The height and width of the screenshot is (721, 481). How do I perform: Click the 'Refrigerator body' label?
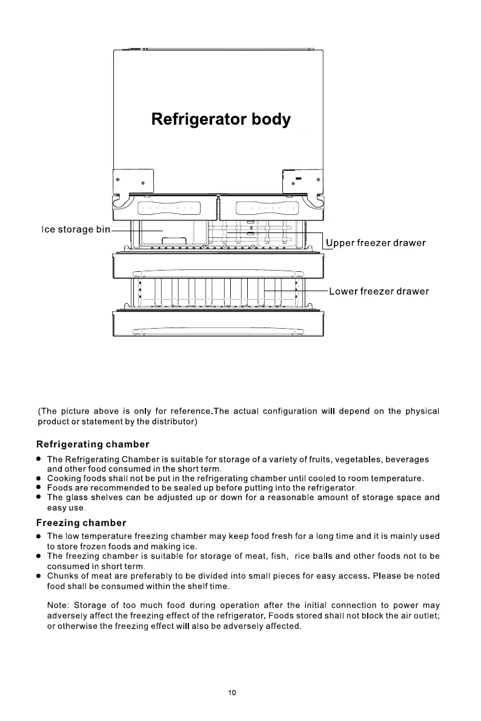(221, 119)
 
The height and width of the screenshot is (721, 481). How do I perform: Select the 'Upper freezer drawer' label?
(376, 243)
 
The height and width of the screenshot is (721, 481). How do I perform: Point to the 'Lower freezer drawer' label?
(379, 291)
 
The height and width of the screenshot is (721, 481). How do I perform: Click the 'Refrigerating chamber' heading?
(93, 445)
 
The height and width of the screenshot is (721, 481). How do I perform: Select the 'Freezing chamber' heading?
(81, 522)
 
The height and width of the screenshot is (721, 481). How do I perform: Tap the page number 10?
(232, 693)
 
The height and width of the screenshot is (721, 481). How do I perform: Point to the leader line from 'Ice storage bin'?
(136, 231)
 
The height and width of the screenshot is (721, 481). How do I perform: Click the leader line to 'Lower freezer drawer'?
(297, 291)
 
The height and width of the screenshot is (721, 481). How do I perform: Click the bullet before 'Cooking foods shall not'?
(38, 478)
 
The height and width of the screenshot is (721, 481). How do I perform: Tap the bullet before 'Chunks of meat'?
(38, 576)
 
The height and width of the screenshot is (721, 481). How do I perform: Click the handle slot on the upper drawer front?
(218, 272)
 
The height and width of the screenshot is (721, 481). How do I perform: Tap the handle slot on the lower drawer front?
(218, 331)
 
